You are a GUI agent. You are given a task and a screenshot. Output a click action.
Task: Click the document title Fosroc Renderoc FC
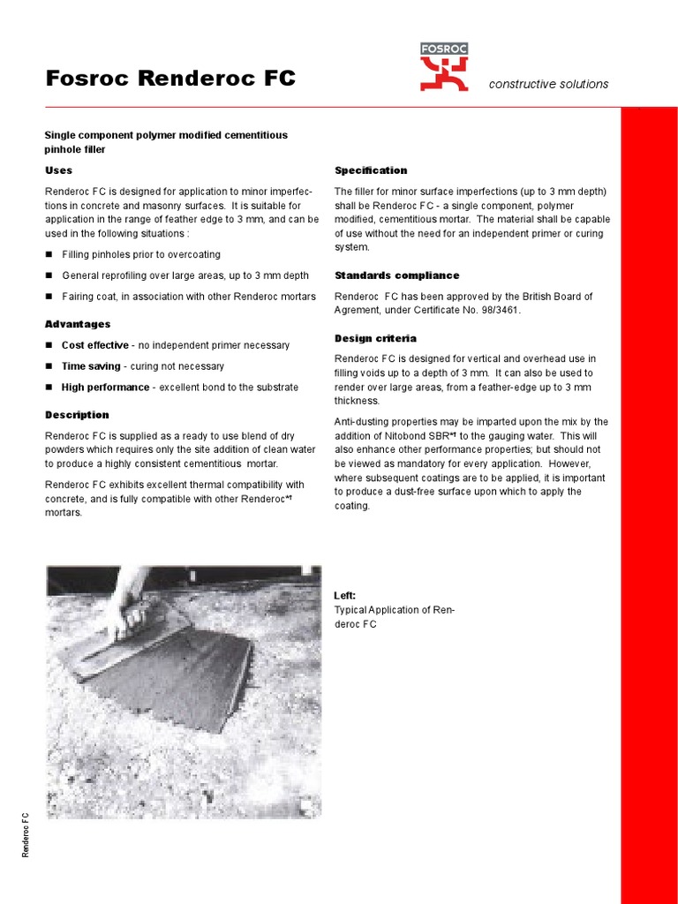[x=170, y=79]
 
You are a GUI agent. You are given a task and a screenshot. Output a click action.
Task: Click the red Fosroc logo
[x=444, y=67]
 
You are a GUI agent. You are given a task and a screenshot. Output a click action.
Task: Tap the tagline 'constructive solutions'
[x=548, y=84]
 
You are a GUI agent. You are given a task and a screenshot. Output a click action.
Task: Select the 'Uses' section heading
[x=58, y=170]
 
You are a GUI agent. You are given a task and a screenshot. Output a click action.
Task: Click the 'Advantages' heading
[x=78, y=324]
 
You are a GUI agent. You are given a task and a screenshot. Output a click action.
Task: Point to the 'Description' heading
[x=77, y=415]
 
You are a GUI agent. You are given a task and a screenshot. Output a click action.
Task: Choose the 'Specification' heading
[x=371, y=170]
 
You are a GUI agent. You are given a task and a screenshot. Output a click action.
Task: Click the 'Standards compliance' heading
[x=396, y=275]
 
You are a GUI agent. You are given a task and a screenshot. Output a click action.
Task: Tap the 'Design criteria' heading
[x=375, y=338]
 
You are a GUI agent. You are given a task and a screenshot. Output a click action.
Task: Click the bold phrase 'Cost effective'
[x=94, y=345]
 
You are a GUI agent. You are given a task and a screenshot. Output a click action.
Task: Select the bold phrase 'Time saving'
[x=89, y=366]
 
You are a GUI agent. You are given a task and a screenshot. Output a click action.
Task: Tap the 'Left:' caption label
[x=344, y=596]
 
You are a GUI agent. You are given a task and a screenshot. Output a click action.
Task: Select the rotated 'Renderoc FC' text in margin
[x=26, y=834]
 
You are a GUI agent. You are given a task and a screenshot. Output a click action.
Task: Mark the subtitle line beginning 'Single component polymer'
[x=166, y=135]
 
